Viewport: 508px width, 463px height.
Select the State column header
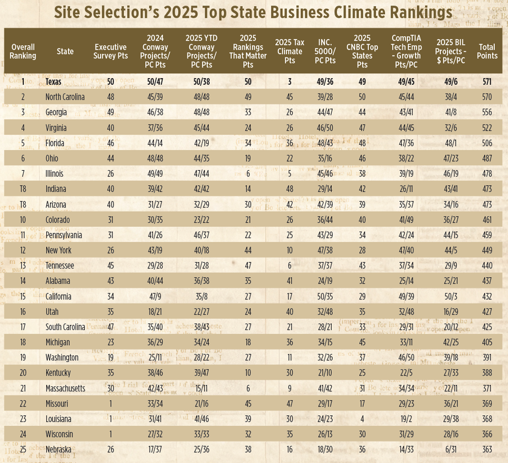click(x=65, y=51)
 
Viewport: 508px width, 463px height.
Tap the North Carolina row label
click(x=65, y=97)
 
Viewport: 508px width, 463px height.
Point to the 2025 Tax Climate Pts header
click(x=290, y=51)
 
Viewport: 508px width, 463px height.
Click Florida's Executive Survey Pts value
click(x=110, y=143)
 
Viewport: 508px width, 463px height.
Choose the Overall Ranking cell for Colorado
click(x=23, y=219)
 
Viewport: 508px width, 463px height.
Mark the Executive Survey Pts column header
click(x=110, y=51)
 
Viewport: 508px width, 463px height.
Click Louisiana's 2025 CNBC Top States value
click(x=362, y=418)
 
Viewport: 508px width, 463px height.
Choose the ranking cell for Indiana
click(x=23, y=189)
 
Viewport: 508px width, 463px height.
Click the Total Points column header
click(x=487, y=51)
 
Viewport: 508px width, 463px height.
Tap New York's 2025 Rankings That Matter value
click(x=247, y=250)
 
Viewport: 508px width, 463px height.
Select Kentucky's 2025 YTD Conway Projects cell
click(x=202, y=373)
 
